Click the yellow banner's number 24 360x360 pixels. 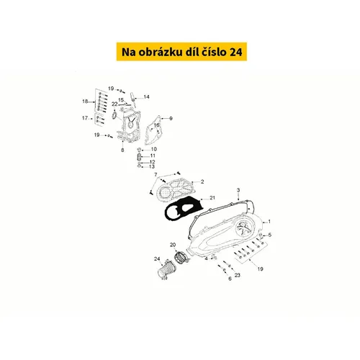pos(236,52)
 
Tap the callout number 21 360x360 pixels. pos(212,198)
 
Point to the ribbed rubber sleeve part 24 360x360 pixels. pos(166,270)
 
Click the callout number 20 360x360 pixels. pos(173,245)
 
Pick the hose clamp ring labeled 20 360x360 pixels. pos(181,257)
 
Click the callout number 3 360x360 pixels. pos(238,190)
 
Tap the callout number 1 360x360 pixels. pos(269,222)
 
